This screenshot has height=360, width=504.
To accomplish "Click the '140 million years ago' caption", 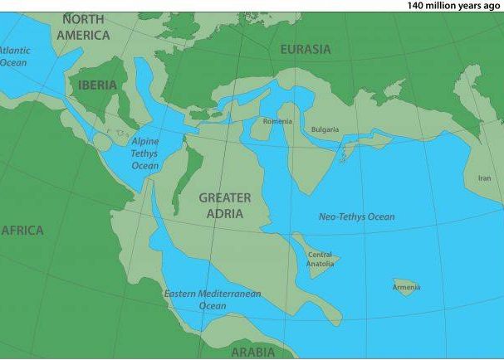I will (x=454, y=6).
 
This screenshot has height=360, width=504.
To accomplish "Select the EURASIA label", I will (x=305, y=50).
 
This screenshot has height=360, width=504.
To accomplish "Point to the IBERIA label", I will (x=97, y=85).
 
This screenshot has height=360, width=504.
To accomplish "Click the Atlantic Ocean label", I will (x=13, y=56).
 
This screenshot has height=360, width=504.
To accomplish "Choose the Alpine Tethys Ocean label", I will (x=144, y=153).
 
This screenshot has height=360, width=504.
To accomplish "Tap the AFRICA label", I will (x=22, y=230).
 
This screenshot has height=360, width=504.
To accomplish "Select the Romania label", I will (x=277, y=122).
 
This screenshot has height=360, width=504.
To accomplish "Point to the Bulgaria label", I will (x=325, y=130).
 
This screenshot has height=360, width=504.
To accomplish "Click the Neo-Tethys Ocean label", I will (x=357, y=217).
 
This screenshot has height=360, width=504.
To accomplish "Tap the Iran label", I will (x=485, y=178).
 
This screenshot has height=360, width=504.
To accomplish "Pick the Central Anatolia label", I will (x=320, y=260).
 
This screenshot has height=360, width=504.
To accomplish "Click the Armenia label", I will (x=407, y=288).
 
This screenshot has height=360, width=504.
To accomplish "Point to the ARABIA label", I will (x=252, y=352).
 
